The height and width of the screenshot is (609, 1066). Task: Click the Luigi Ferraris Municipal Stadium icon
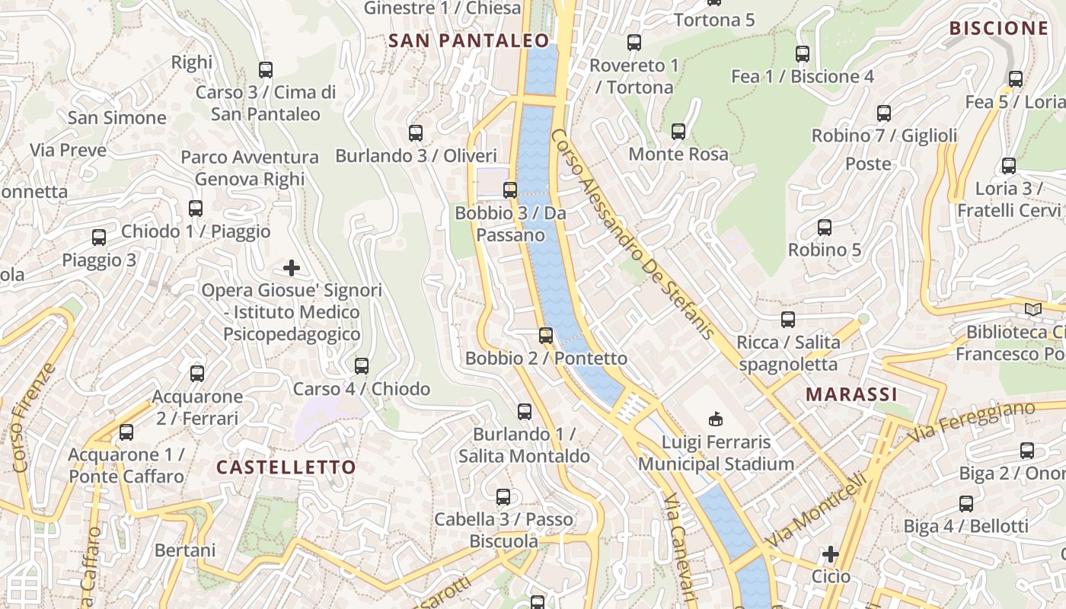pos(716,418)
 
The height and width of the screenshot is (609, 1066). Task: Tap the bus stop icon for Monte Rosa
pos(678,132)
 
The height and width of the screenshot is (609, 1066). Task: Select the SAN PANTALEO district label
pos(468,40)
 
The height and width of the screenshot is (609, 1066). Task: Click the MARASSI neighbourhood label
pos(851,394)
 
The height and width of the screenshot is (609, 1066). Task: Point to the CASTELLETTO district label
pos(286,467)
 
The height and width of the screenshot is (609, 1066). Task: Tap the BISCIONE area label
pos(998,28)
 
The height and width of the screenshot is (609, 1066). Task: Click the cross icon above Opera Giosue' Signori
pos(291,268)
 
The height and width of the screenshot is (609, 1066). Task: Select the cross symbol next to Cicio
pos(831,553)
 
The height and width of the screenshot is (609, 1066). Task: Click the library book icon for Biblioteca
pos(1032,310)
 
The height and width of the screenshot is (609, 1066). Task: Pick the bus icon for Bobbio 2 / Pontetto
pos(546,335)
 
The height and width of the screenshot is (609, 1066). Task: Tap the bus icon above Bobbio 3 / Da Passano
pos(510,190)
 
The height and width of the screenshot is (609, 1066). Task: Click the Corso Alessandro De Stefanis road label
pos(632,233)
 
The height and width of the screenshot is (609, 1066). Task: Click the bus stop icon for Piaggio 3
pos(99,238)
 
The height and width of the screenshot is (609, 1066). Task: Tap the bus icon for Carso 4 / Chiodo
pos(362,366)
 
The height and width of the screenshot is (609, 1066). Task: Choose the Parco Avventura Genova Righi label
pos(250,168)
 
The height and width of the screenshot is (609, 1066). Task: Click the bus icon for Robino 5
pos(824,227)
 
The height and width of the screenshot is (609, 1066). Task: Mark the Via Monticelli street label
pos(816,509)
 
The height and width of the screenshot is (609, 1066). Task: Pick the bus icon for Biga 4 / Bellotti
pos(966,503)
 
